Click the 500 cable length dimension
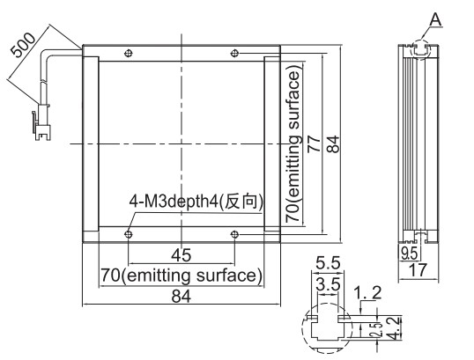[23, 45]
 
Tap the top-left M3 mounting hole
[129, 54]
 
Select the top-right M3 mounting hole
[234, 54]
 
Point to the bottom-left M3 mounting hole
[129, 234]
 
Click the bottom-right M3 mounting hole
[234, 234]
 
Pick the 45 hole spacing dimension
[181, 255]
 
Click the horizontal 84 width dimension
[181, 296]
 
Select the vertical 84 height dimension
[333, 144]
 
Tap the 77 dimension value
[314, 144]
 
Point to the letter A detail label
[435, 20]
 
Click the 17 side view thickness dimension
[418, 269]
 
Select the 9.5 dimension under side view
[410, 253]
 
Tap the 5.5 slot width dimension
[328, 263]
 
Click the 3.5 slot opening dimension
[328, 284]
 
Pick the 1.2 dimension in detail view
[367, 293]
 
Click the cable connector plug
[41, 122]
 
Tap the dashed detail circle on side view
[420, 40]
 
